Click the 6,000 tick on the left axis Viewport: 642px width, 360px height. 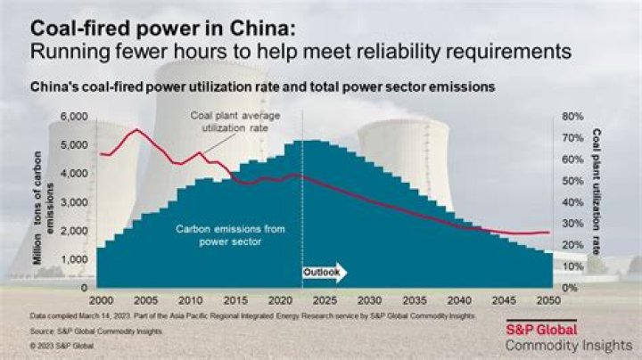point(74,117)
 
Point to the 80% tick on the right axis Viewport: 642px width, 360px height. point(571,117)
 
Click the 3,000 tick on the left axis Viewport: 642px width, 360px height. point(74,202)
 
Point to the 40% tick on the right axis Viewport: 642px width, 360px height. point(571,202)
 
